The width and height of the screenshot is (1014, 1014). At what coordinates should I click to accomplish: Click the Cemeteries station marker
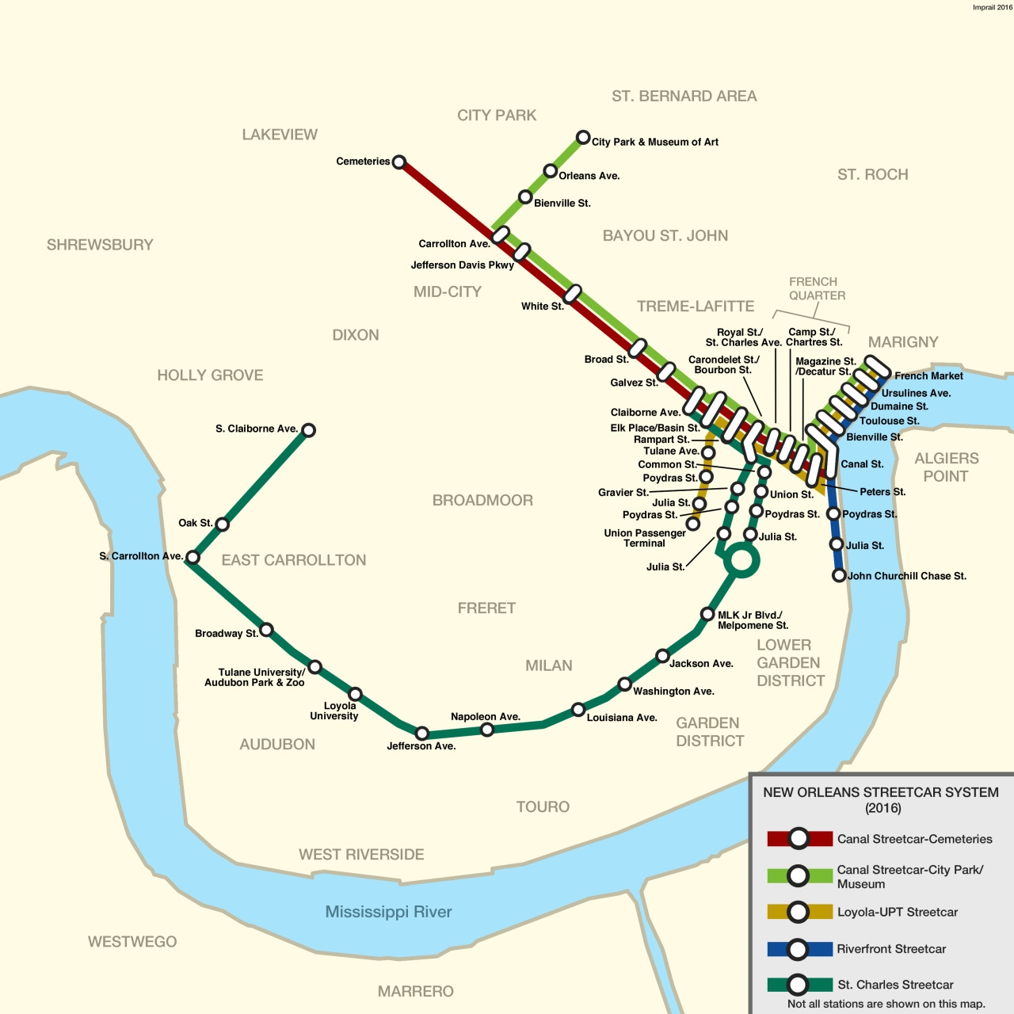tap(399, 162)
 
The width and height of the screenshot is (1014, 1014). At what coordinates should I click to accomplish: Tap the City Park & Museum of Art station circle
tap(583, 137)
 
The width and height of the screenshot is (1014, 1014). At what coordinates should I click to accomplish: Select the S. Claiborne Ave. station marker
tap(309, 430)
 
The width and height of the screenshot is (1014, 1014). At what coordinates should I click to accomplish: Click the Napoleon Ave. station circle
tap(487, 730)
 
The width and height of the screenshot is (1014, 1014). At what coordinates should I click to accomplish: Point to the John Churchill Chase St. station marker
tap(839, 576)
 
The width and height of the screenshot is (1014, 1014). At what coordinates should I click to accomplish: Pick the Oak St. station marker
tap(223, 524)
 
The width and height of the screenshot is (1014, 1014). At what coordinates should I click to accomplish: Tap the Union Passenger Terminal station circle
tap(693, 524)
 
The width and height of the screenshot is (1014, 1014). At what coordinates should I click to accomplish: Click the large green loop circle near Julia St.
tap(741, 561)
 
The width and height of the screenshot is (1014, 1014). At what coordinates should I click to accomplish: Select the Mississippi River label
tap(388, 912)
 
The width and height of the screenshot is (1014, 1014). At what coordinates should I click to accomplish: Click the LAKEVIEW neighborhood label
tap(280, 135)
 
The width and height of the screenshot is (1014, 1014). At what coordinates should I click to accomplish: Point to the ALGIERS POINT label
tap(946, 467)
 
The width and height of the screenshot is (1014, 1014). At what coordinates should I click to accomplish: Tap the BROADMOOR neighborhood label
tap(482, 501)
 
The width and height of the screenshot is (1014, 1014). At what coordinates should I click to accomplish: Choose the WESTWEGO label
tap(132, 942)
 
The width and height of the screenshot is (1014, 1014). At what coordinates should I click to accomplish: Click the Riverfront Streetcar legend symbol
tap(799, 949)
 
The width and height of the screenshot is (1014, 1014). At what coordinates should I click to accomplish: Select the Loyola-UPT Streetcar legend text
tap(897, 913)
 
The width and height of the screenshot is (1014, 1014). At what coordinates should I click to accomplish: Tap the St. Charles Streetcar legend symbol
tap(799, 985)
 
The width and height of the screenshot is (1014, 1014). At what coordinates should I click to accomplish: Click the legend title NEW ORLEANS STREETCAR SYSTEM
tap(880, 792)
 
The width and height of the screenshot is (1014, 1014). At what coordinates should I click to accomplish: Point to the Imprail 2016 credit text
tap(992, 7)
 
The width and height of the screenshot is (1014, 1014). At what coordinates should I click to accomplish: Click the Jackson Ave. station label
tap(701, 664)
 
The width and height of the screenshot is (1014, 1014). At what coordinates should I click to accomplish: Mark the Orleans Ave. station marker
tap(550, 171)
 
